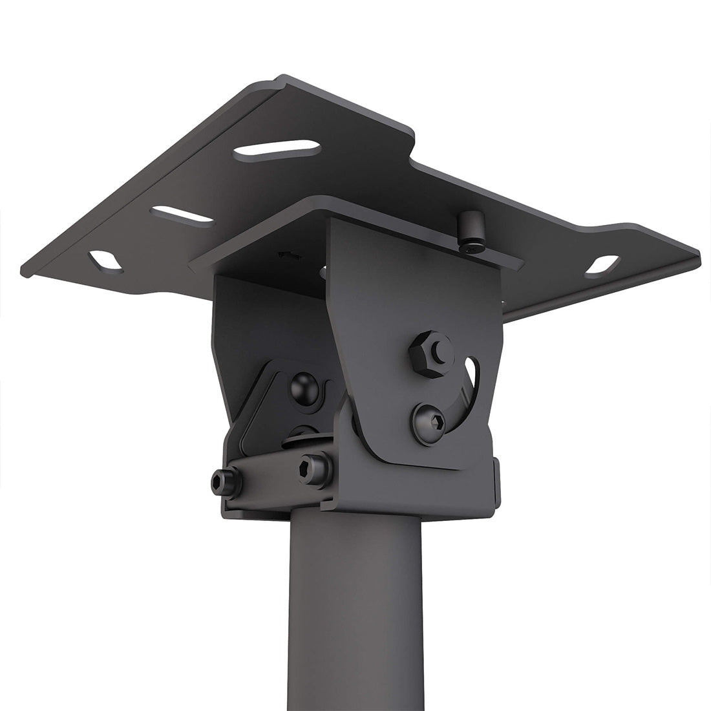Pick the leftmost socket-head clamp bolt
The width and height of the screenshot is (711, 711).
tap(225, 480)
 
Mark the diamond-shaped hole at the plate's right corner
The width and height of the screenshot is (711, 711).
tap(602, 265)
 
